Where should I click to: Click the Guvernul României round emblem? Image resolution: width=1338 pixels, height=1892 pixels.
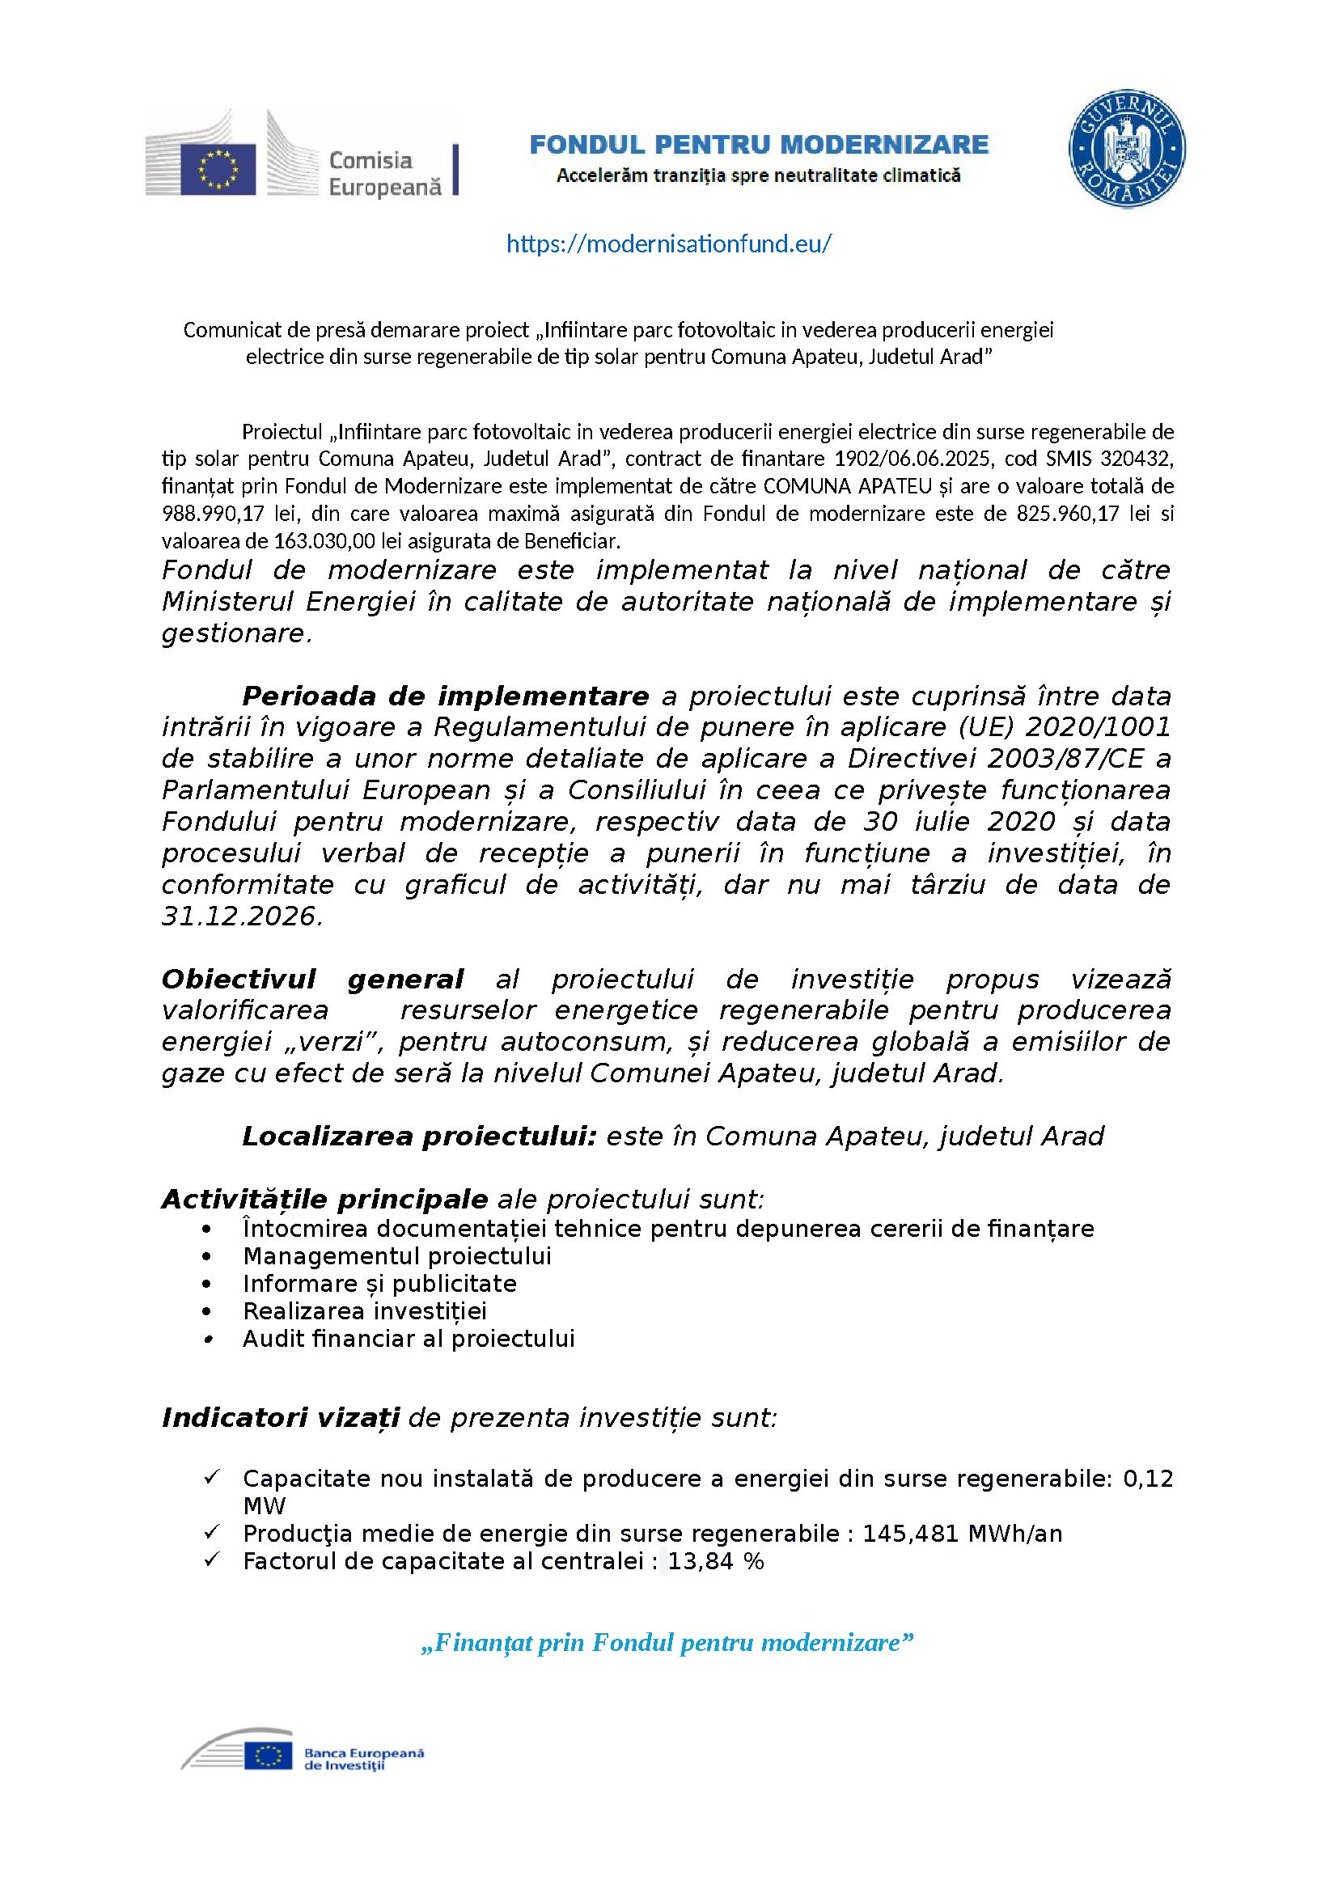pyautogui.click(x=1126, y=150)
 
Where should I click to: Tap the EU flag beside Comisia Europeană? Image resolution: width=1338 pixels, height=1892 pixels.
pyautogui.click(x=218, y=170)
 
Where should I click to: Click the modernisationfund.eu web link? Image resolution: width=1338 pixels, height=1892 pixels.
pyautogui.click(x=668, y=244)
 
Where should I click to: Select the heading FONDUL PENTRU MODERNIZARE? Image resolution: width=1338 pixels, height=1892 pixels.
pyautogui.click(x=758, y=145)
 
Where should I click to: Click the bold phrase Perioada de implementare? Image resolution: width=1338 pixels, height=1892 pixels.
pyautogui.click(x=445, y=696)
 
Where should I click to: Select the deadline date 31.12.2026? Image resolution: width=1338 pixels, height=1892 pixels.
pyautogui.click(x=239, y=916)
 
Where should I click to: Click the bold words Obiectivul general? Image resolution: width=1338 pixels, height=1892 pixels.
pyautogui.click(x=312, y=979)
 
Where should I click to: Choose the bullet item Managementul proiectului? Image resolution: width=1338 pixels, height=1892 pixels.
pyautogui.click(x=396, y=1256)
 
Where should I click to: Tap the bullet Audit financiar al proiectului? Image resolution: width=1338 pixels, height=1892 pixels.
pyautogui.click(x=408, y=1338)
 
